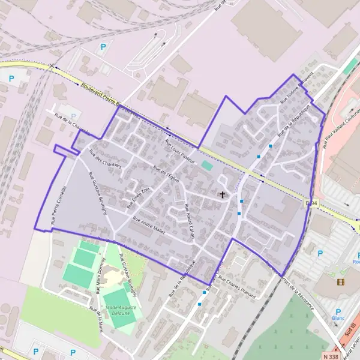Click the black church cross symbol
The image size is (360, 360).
[x=223, y=194]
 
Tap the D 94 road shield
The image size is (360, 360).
[x=310, y=203]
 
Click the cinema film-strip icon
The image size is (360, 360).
[x=341, y=281]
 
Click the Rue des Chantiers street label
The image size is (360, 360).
[x=105, y=158]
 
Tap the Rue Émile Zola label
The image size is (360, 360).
[x=136, y=196]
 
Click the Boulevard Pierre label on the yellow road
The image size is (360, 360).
[x=100, y=93]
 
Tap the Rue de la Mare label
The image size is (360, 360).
[x=97, y=319]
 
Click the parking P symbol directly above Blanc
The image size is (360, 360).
[x=338, y=311]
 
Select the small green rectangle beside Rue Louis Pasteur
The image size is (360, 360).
[x=207, y=165]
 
